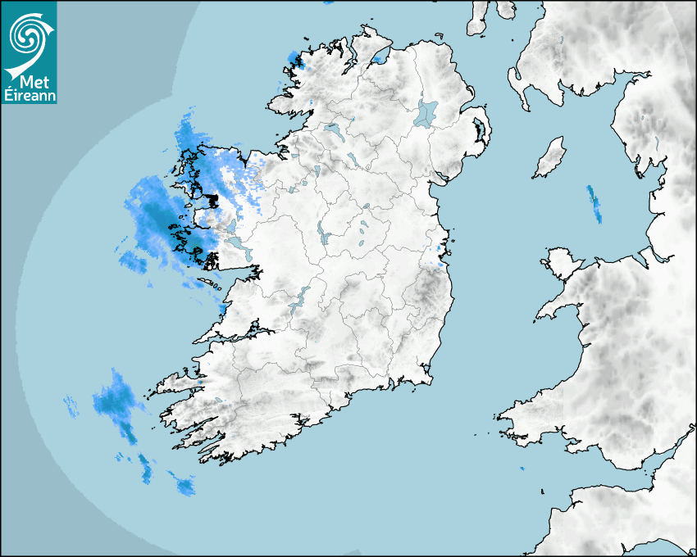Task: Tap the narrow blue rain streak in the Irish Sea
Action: coord(594,203)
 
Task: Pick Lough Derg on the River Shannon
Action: coord(301,297)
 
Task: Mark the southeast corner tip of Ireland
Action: coord(428,378)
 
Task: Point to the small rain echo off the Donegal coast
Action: coord(294,59)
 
